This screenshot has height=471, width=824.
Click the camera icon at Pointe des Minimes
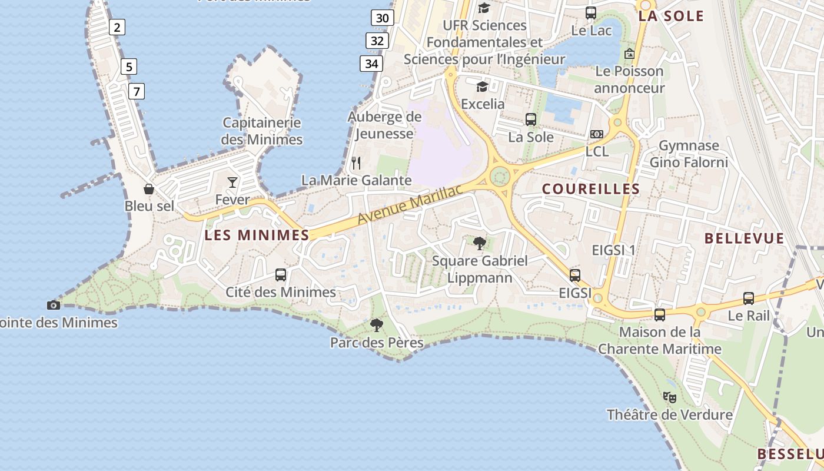(x=54, y=305)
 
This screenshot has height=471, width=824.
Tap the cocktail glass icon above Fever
(x=232, y=182)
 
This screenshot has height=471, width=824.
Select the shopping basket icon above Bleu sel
(x=149, y=189)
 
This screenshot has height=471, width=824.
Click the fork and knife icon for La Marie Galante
(x=356, y=162)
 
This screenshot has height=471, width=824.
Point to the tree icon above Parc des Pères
(x=376, y=325)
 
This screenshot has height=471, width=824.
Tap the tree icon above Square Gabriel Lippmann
(x=480, y=243)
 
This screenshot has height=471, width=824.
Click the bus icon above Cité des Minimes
(x=281, y=275)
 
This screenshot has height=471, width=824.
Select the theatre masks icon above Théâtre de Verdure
(x=669, y=397)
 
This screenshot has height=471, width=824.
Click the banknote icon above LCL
(x=597, y=134)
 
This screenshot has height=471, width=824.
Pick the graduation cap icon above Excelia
(x=483, y=87)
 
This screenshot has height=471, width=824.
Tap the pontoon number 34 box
(x=372, y=63)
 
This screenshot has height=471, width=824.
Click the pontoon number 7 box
(x=137, y=91)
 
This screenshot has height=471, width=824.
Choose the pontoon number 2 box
(x=117, y=27)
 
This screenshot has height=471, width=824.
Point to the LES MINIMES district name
(x=257, y=235)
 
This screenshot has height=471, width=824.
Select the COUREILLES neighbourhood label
(x=590, y=189)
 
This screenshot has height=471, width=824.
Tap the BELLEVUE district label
(x=745, y=238)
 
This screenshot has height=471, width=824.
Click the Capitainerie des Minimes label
(x=262, y=131)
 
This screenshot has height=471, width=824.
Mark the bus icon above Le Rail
(x=748, y=298)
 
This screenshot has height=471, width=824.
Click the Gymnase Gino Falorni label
(x=689, y=154)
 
